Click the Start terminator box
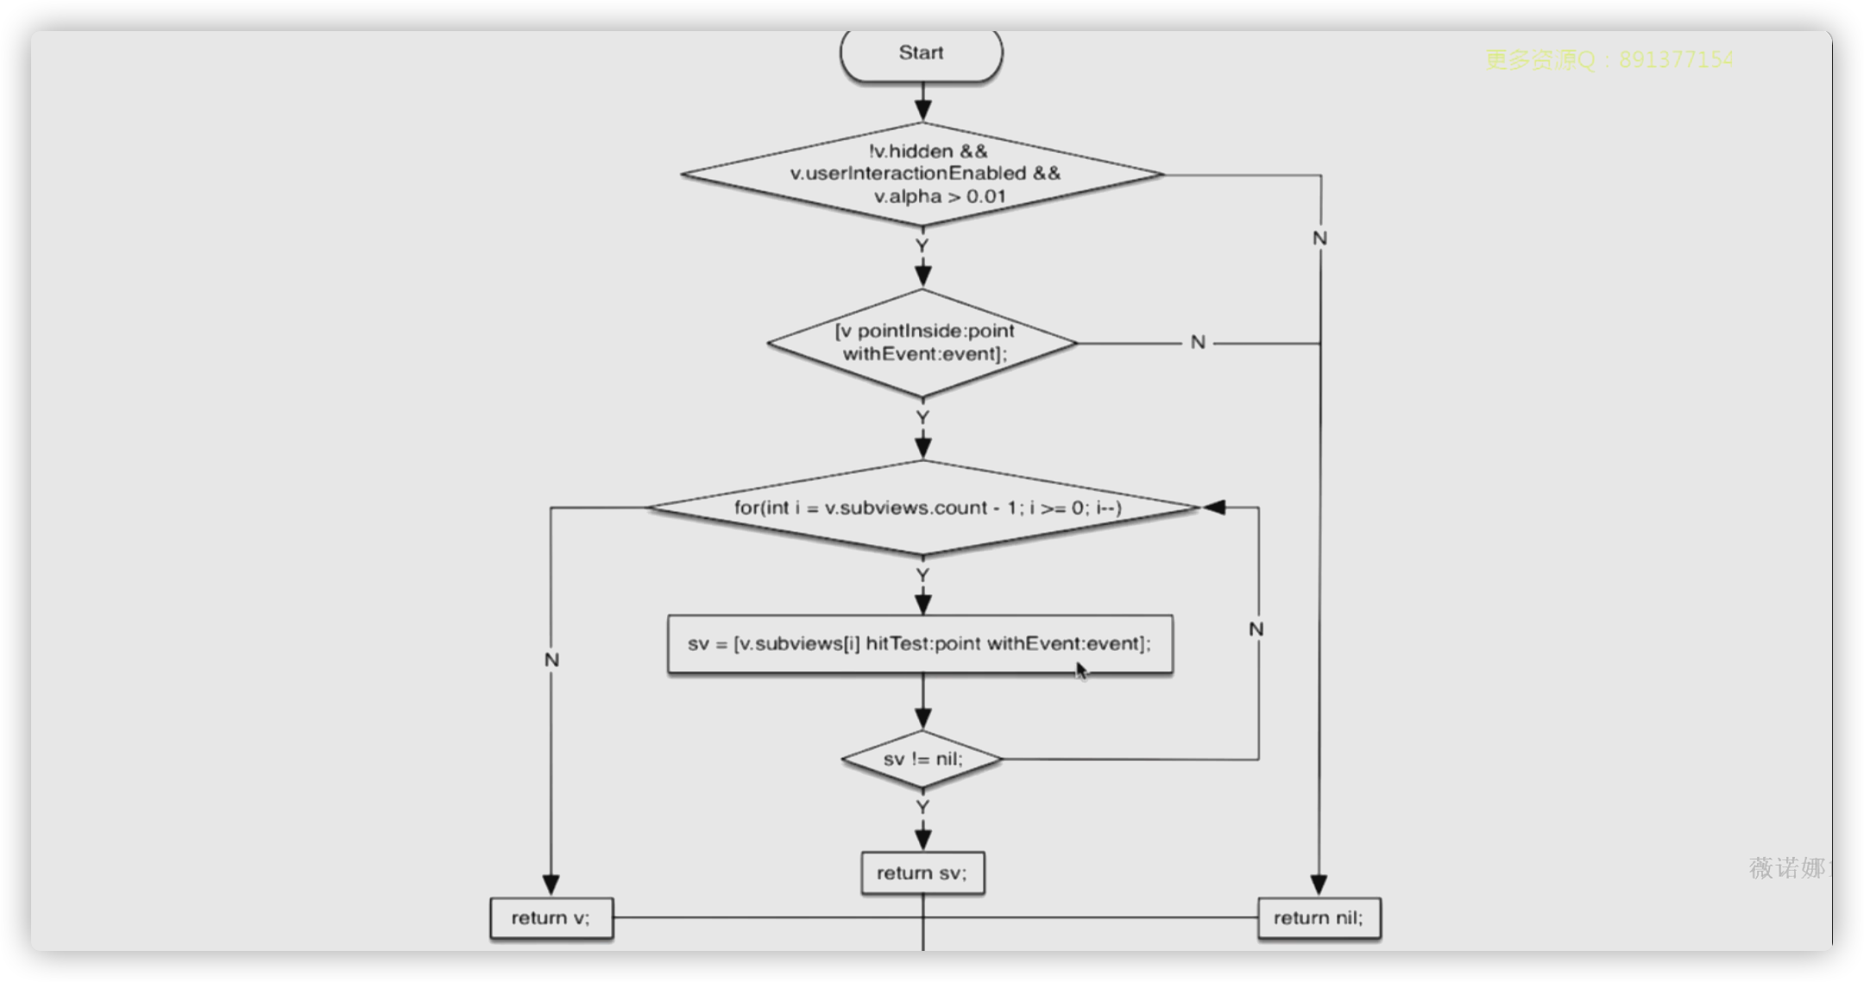click(x=921, y=54)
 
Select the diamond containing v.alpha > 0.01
click(x=923, y=174)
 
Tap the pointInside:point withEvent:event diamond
click(x=923, y=343)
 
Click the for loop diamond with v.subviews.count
click(x=923, y=507)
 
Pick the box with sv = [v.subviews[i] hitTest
click(x=920, y=644)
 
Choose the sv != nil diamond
click(x=922, y=759)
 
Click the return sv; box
click(x=923, y=873)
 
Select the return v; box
click(x=551, y=918)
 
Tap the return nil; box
click(x=1319, y=918)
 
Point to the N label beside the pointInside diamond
click(x=1198, y=343)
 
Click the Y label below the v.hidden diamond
click(x=923, y=247)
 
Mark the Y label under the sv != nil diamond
click(x=923, y=808)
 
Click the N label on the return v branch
click(x=552, y=660)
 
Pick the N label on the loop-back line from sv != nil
click(x=1256, y=630)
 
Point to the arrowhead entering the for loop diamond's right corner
click(x=1214, y=507)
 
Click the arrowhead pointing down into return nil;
click(x=1319, y=885)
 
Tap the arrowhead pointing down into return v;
click(x=551, y=885)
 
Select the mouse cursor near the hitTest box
click(x=1081, y=670)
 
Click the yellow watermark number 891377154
click(x=1676, y=60)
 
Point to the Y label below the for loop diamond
click(x=923, y=576)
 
